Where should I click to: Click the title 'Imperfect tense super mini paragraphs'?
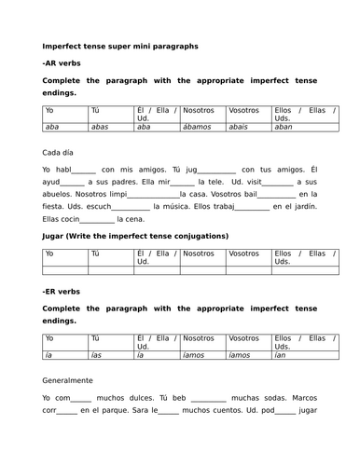119,46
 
